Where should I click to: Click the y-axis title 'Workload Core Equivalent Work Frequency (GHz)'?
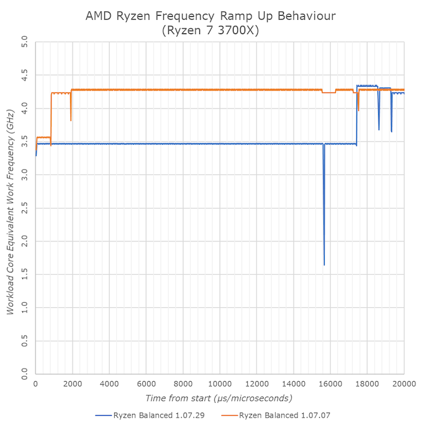(10, 209)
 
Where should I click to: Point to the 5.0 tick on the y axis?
(24, 43)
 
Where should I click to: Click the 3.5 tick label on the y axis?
(24, 142)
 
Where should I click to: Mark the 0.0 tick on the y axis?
(24, 374)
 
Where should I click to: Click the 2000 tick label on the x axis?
(73, 384)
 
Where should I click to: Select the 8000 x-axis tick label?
(183, 384)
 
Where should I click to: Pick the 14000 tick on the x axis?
(294, 384)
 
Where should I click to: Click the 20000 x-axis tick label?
(404, 384)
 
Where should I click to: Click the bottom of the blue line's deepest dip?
(324, 265)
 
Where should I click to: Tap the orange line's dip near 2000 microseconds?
(71, 120)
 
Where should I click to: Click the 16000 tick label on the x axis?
(330, 384)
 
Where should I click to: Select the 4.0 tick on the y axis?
(24, 109)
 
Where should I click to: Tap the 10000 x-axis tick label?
(220, 384)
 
